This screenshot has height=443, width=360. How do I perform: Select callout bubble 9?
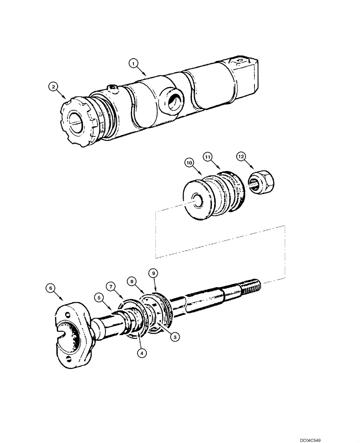pyautogui.click(x=154, y=274)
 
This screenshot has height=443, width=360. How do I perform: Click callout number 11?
pyautogui.click(x=208, y=156)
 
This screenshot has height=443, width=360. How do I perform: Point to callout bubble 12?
pyautogui.click(x=241, y=156)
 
